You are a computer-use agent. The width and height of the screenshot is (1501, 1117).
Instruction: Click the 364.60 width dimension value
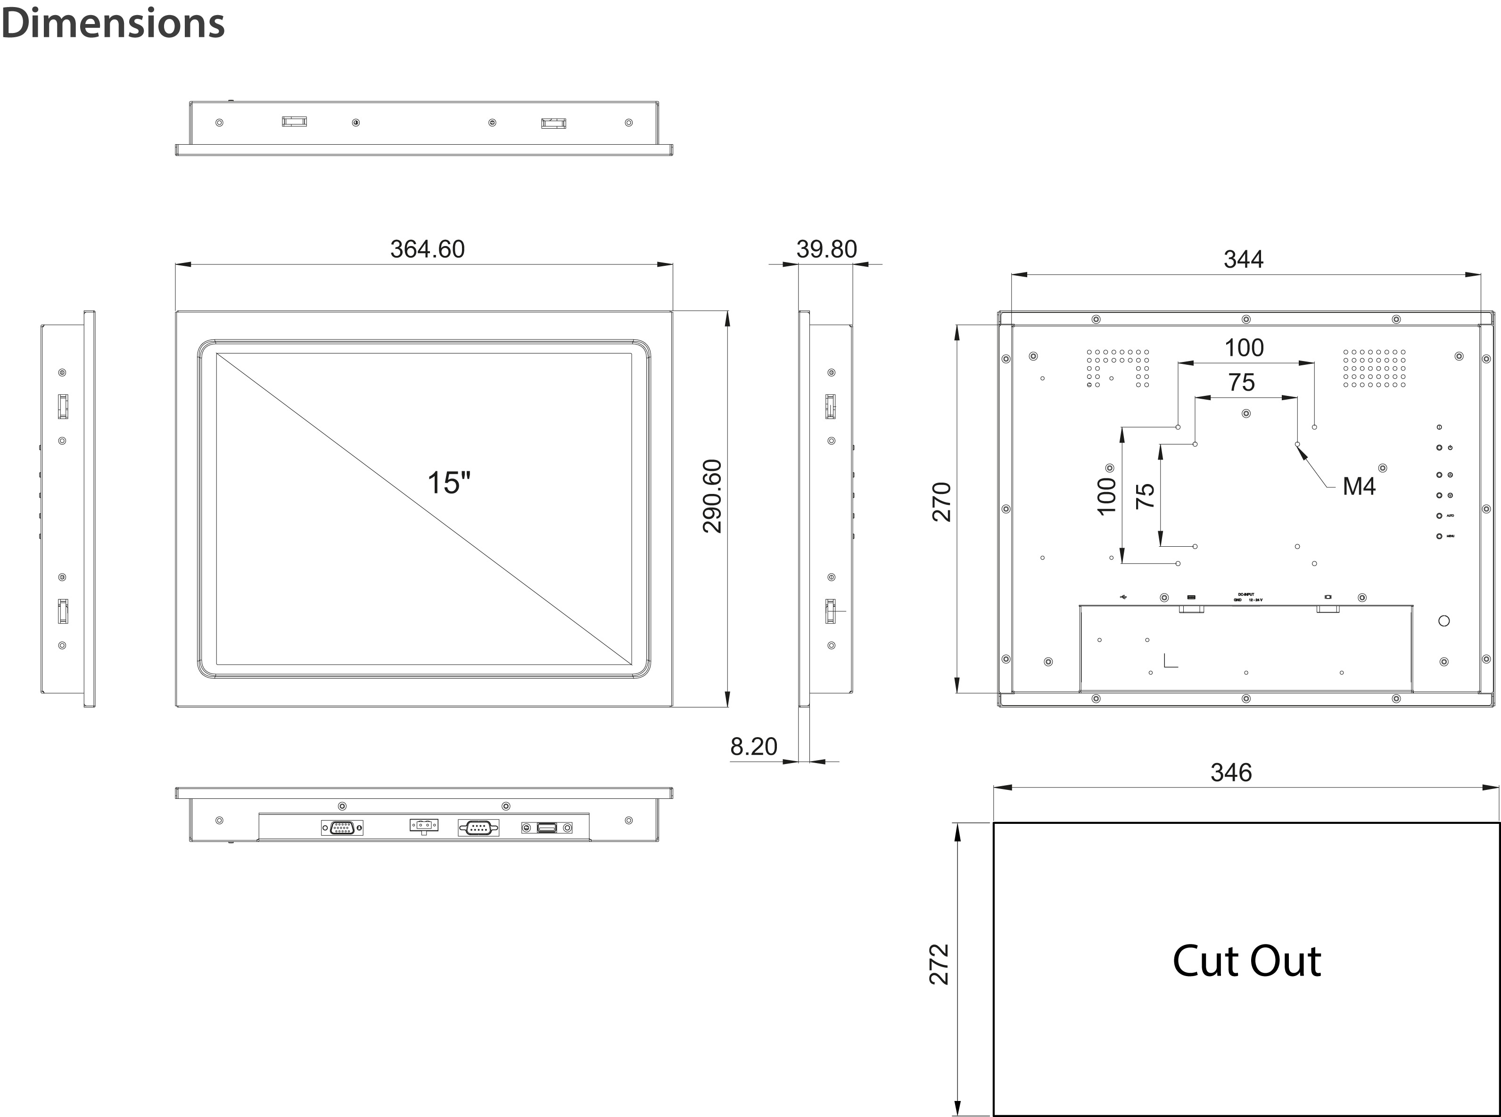(427, 249)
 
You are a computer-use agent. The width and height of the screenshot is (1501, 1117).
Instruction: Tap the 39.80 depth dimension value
(826, 249)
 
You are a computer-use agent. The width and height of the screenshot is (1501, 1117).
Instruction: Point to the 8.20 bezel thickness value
(753, 747)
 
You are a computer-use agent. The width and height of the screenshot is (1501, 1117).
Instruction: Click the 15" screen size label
(448, 483)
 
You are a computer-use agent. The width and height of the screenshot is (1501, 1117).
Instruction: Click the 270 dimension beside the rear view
(942, 501)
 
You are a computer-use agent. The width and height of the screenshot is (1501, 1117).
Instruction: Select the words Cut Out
(1246, 961)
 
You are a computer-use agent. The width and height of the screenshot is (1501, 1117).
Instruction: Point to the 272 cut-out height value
(940, 964)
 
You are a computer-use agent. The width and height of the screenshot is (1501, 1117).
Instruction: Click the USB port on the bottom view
(546, 828)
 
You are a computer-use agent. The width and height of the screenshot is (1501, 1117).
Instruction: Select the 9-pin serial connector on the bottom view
(478, 828)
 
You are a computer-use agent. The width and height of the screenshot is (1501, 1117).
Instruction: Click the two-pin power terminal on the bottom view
(424, 825)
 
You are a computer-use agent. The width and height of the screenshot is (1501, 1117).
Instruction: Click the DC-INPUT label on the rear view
(1245, 594)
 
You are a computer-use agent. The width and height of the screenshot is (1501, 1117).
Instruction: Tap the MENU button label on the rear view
(1450, 536)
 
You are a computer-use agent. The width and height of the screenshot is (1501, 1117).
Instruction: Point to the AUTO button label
(1450, 516)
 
